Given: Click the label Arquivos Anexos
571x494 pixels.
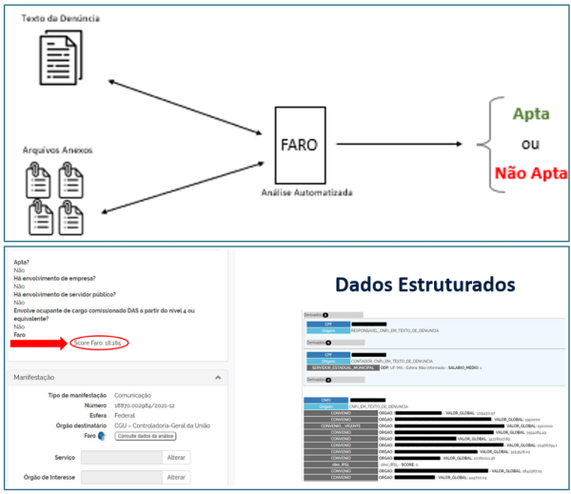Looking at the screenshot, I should (x=58, y=151).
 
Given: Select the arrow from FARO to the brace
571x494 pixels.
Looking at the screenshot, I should (x=400, y=146).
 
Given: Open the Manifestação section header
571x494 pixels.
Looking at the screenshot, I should (x=34, y=377).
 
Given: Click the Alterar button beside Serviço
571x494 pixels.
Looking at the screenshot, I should (x=177, y=457).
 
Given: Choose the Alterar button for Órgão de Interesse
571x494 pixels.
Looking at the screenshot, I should (x=177, y=477).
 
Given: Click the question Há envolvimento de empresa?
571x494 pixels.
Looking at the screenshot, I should (x=55, y=278).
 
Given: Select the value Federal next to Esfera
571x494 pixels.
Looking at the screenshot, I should (x=125, y=415).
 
